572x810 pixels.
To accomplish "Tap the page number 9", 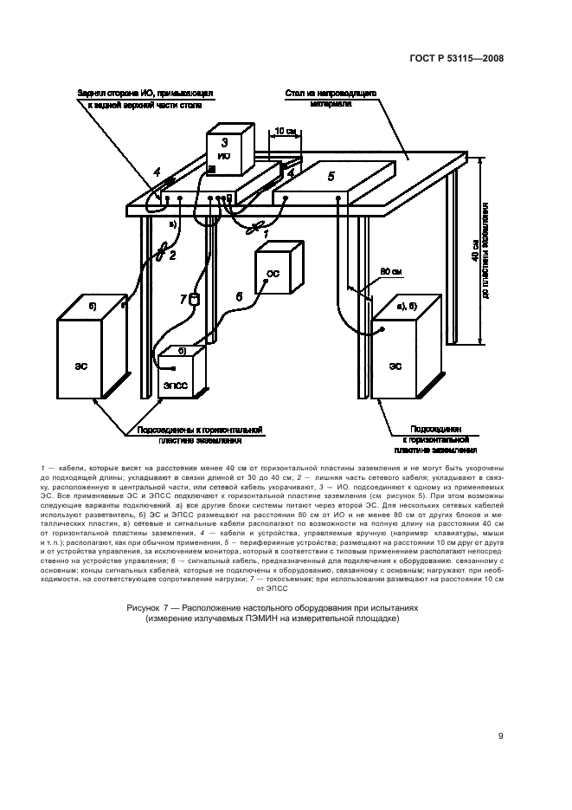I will [501, 737].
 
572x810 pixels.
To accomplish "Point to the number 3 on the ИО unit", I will [224, 141].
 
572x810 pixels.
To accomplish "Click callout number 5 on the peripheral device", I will [330, 176].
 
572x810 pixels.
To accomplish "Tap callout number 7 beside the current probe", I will [183, 299].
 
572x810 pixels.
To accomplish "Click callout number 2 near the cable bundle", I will [173, 255].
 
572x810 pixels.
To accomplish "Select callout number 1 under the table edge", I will [267, 234].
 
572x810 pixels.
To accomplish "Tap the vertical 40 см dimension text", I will [474, 256].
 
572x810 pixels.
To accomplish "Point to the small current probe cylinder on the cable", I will [195, 300].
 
